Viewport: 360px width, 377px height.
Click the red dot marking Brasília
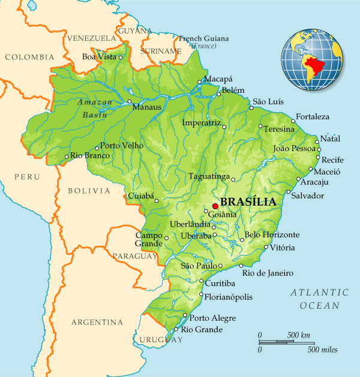pyautogui.click(x=215, y=206)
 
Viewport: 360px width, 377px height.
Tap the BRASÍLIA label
pyautogui.click(x=248, y=202)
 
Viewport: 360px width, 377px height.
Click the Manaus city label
pyautogui.click(x=147, y=107)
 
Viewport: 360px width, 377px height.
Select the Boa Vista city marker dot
pyautogui.click(x=121, y=58)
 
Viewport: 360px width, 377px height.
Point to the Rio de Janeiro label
pyautogui.click(x=268, y=273)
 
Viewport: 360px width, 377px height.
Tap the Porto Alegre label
pyautogui.click(x=213, y=318)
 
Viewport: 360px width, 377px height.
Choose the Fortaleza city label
pyautogui.click(x=310, y=116)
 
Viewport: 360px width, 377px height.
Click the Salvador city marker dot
pyautogui.click(x=288, y=192)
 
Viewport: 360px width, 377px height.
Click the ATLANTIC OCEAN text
pyautogui.click(x=319, y=298)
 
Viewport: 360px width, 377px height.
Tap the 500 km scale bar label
pyautogui.click(x=299, y=334)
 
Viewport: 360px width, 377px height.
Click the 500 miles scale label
pyautogui.click(x=322, y=349)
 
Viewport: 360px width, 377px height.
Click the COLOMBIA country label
pyautogui.click(x=29, y=58)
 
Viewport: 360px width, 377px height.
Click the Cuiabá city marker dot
pyautogui.click(x=157, y=201)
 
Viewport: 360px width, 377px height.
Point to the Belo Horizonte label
pyautogui.click(x=272, y=234)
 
